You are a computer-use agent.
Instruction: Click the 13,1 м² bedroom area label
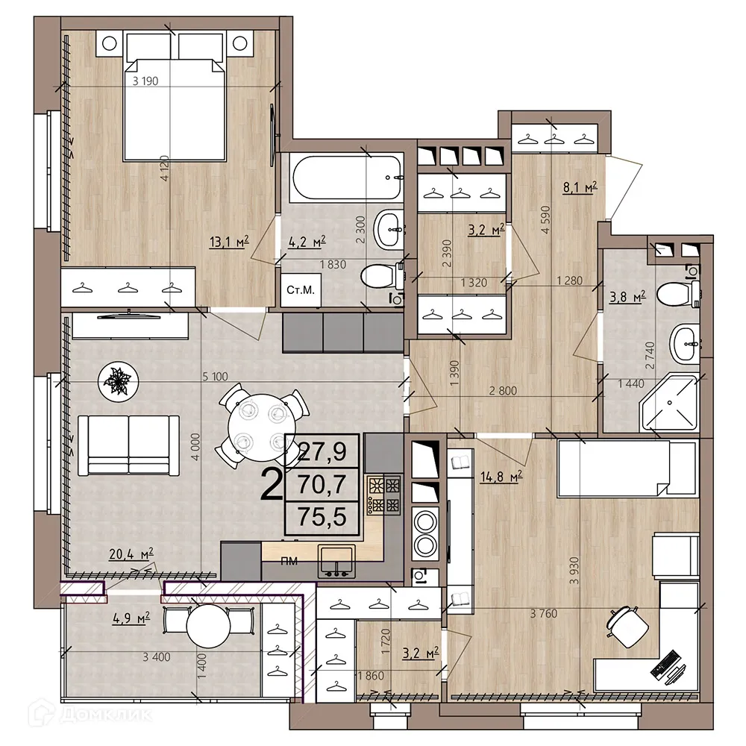[x=229, y=242]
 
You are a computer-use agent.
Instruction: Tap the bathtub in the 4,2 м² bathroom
[x=348, y=178]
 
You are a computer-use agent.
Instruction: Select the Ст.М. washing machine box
[x=300, y=289]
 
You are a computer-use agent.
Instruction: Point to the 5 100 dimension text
[x=215, y=377]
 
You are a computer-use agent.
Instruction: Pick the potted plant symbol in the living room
[x=119, y=381]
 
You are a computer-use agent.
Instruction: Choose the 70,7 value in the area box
[x=322, y=485]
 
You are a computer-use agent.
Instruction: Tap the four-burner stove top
[x=384, y=495]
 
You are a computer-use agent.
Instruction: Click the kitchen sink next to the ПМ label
[x=336, y=562]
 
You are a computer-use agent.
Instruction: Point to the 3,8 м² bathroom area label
[x=627, y=297]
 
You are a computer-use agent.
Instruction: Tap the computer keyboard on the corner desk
[x=664, y=664]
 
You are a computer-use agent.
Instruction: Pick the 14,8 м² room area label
[x=501, y=476]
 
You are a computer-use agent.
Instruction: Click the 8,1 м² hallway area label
[x=580, y=187]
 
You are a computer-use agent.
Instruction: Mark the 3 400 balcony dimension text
[x=157, y=657]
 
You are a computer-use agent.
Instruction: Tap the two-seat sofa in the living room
[x=128, y=445]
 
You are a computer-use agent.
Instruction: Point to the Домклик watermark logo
[x=90, y=714]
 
